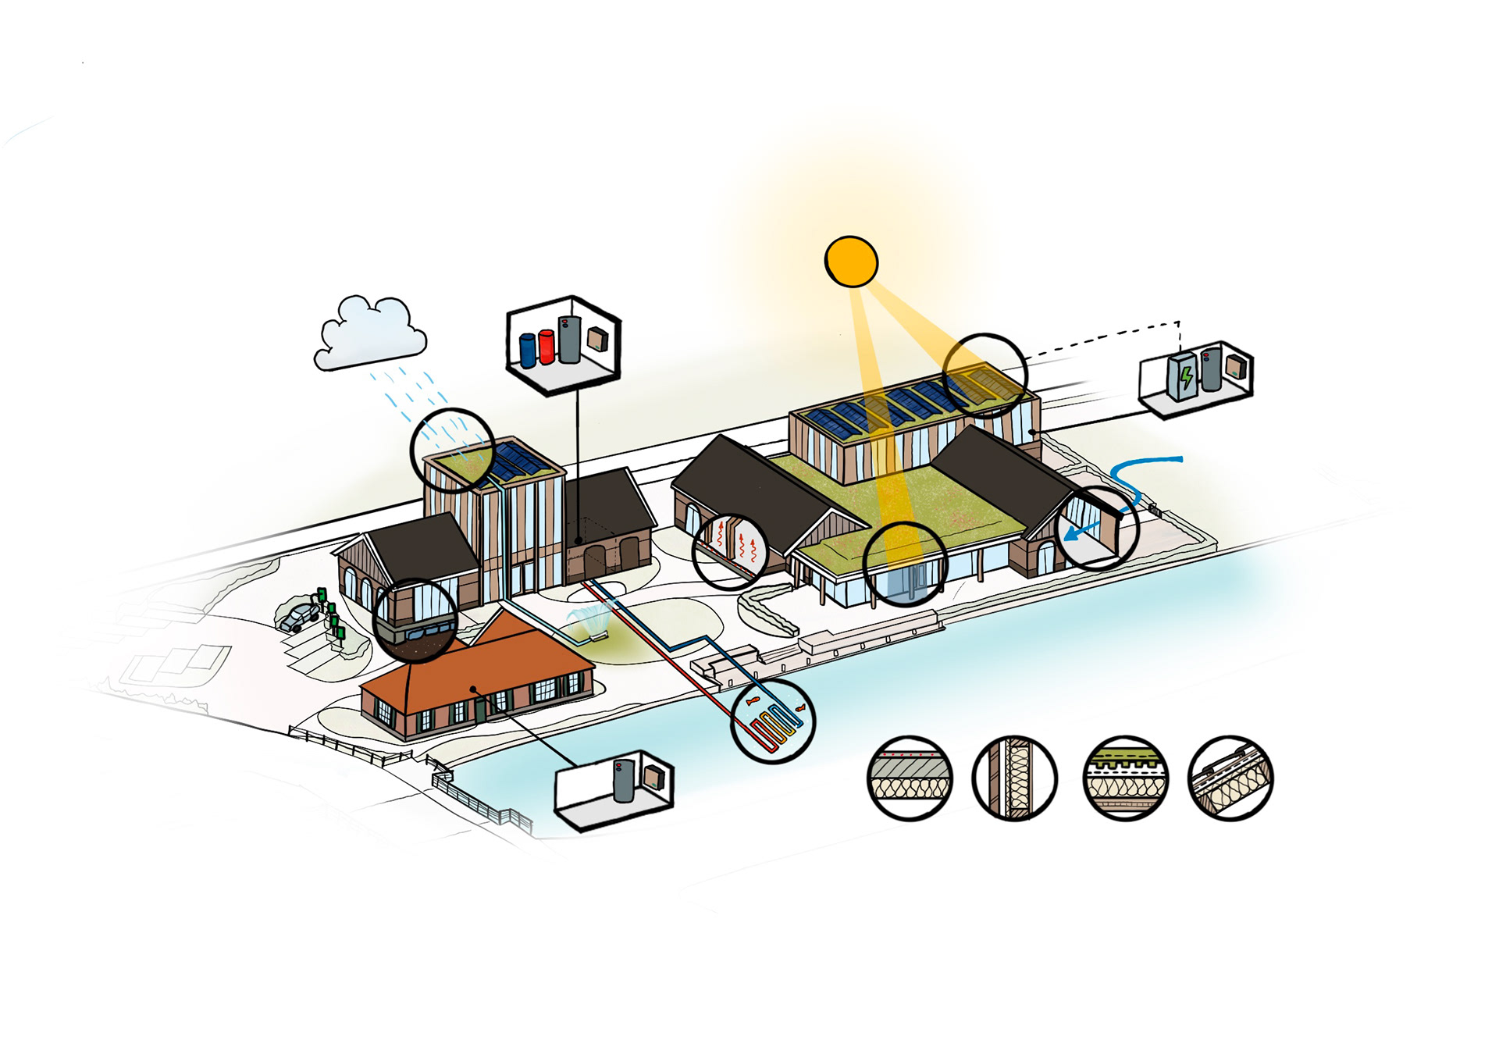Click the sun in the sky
point(851,262)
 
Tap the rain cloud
point(369,334)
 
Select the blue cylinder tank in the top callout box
point(528,349)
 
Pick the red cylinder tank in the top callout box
point(547,347)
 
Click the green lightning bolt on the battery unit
point(1186,378)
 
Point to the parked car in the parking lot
point(298,617)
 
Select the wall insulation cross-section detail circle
point(1014,778)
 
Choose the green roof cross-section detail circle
point(1124,778)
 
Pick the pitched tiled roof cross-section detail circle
point(1230,778)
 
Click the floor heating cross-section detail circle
point(910,778)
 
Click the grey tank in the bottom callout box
point(624,780)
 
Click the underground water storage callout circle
point(415,621)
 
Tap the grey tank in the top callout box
point(569,340)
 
